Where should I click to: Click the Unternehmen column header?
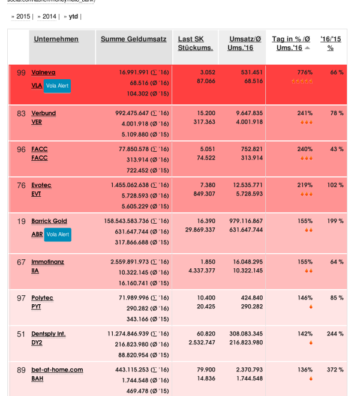coord(56,39)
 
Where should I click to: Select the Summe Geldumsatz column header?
coord(133,39)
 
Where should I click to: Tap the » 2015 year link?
coord(22,16)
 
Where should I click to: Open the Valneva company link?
coord(43,73)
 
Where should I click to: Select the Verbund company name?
coord(43,113)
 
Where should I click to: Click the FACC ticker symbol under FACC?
coord(39,158)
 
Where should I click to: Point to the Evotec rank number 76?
coord(21,185)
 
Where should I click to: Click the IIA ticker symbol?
coord(35,271)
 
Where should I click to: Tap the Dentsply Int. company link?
coord(49,334)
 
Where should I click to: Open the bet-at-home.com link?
coord(57,370)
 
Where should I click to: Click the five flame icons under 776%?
coord(302,81)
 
